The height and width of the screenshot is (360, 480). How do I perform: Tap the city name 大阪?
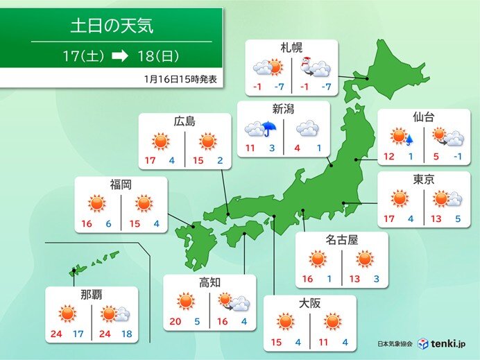tap(309, 304)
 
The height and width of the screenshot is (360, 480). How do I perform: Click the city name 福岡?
tap(121, 184)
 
